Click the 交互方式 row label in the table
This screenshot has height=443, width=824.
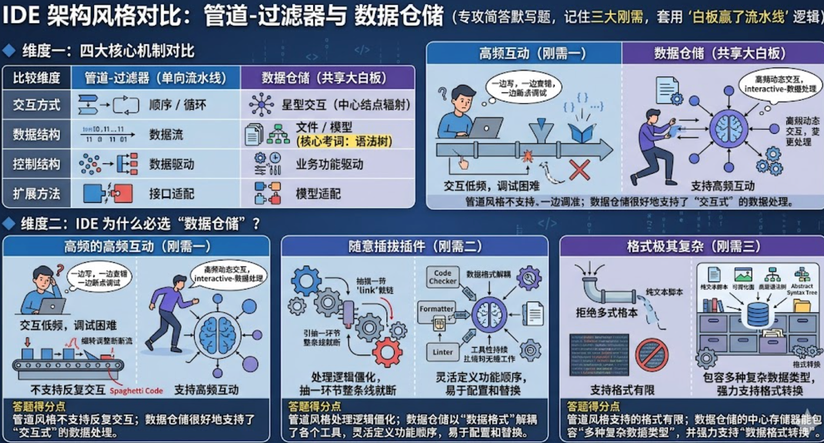(x=37, y=105)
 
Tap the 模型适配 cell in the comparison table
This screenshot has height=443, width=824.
(x=318, y=194)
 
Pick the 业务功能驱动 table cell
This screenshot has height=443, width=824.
(x=329, y=164)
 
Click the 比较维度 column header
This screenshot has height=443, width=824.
(x=37, y=77)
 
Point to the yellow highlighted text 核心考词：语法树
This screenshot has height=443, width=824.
(x=344, y=141)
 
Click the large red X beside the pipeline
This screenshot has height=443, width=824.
(x=580, y=169)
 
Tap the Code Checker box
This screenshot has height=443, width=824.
(x=443, y=277)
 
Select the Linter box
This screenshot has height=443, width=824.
(x=443, y=352)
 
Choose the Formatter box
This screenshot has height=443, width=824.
(x=436, y=309)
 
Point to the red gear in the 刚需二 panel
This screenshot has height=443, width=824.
(x=387, y=352)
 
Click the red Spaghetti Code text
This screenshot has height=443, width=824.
(x=136, y=391)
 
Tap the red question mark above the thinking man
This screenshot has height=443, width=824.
(x=60, y=270)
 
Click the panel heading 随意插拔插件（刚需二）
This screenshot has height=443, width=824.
(x=415, y=246)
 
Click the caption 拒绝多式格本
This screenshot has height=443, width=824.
(x=606, y=313)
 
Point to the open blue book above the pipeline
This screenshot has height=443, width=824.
(x=581, y=133)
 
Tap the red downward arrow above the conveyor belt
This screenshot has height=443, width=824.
(x=28, y=342)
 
